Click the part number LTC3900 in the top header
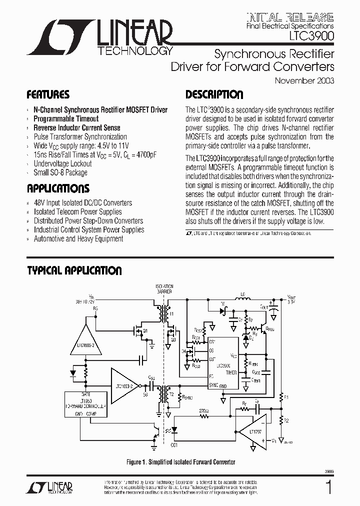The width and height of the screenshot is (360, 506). [x=311, y=36]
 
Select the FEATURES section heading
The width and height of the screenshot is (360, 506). [x=48, y=95]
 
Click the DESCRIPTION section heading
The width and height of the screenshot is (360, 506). [x=214, y=95]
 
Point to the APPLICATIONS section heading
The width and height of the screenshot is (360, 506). [x=58, y=188]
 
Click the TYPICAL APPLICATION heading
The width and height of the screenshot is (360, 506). [x=74, y=271]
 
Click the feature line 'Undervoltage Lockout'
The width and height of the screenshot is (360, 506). [x=62, y=163]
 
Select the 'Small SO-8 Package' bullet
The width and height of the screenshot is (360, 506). [x=60, y=172]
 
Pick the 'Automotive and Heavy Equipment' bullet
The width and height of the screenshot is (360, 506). [x=78, y=238]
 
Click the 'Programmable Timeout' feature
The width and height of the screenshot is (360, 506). [x=66, y=119]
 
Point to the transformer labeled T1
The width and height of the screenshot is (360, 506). [x=163, y=313]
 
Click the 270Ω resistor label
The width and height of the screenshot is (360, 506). [x=204, y=409]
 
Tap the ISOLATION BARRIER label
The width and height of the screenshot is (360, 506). [x=164, y=288]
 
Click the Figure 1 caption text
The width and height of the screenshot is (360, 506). [x=180, y=462]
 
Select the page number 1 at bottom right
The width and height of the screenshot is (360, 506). [x=328, y=487]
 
